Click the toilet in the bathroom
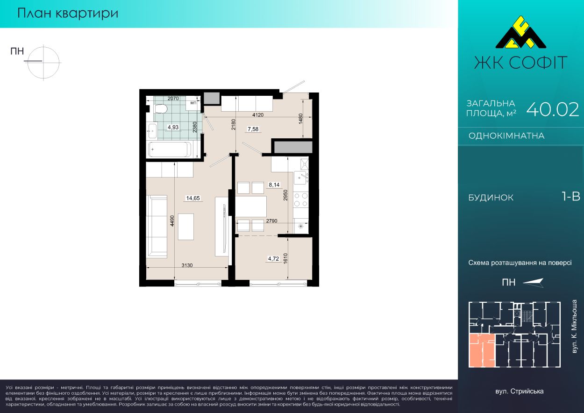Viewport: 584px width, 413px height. [161, 109]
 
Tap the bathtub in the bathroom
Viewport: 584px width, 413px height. [170, 150]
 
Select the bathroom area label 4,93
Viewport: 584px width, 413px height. [173, 127]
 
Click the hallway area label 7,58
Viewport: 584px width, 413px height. [253, 129]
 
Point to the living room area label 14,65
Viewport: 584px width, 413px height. [193, 198]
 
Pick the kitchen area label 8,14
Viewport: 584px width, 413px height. [274, 185]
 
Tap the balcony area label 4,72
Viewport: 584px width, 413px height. [273, 259]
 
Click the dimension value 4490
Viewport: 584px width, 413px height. [172, 221]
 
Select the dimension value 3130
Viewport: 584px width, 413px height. [187, 265]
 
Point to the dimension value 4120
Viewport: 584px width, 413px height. [258, 115]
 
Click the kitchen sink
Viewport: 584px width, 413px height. [300, 178]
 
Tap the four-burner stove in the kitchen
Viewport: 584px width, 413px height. [301, 199]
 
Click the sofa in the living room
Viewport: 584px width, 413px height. [157, 227]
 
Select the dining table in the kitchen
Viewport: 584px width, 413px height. [251, 206]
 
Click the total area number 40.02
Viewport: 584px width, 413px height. [552, 110]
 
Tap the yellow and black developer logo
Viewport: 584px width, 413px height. [520, 36]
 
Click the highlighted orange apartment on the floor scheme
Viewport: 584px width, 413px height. [482, 350]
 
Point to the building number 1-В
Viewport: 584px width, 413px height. [571, 197]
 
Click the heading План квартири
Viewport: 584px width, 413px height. [68, 14]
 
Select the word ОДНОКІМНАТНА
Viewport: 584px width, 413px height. [506, 136]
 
